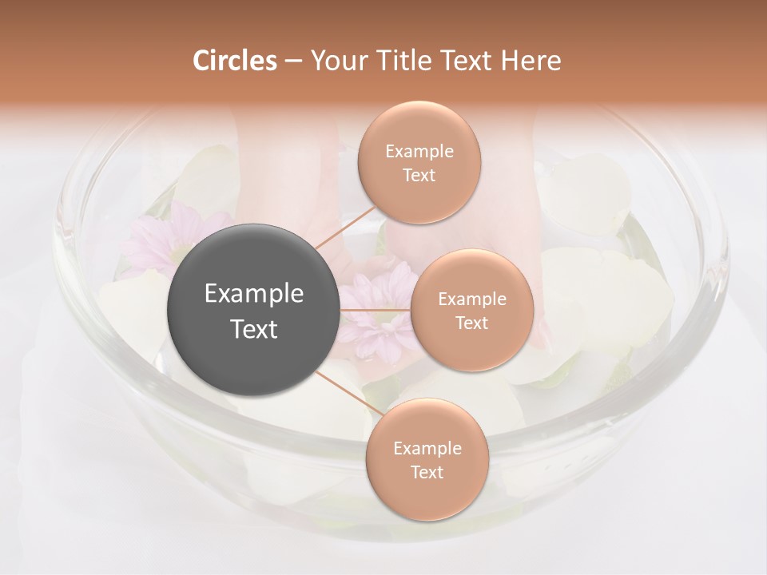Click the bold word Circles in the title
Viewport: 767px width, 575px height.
pyautogui.click(x=235, y=61)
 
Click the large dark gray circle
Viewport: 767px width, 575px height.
pyautogui.click(x=253, y=310)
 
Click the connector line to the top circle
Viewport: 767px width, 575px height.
pyautogui.click(x=346, y=228)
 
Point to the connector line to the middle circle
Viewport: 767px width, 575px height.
pyautogui.click(x=375, y=310)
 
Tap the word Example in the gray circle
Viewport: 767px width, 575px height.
pyautogui.click(x=253, y=294)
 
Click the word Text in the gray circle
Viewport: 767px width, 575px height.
pyautogui.click(x=253, y=329)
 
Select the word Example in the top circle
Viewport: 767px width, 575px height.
pyautogui.click(x=419, y=152)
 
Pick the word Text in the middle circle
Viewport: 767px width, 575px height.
pyautogui.click(x=471, y=323)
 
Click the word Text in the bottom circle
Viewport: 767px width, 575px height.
pyautogui.click(x=427, y=472)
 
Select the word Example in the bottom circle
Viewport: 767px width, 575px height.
pyautogui.click(x=427, y=449)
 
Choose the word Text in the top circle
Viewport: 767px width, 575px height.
pyautogui.click(x=419, y=175)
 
